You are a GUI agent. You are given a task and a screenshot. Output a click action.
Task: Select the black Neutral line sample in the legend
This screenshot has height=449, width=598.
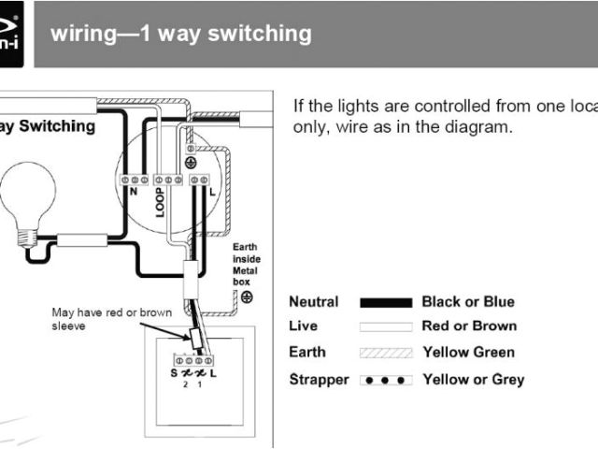tap(385, 302)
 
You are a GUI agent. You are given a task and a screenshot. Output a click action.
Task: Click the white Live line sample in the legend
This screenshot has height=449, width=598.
tap(385, 326)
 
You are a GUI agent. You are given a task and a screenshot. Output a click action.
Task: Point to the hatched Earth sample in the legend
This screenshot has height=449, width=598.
tap(385, 353)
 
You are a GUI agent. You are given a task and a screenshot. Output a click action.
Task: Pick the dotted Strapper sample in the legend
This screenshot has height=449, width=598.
tap(385, 380)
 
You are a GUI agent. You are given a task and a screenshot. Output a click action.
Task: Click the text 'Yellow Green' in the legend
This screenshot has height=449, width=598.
tap(468, 353)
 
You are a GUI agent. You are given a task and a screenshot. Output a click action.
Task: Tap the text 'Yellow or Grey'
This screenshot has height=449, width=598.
tap(473, 380)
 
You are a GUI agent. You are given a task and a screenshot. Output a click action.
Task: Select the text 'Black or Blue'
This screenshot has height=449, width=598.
tap(468, 302)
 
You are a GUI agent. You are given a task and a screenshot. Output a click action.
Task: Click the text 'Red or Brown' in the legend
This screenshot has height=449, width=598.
tap(468, 326)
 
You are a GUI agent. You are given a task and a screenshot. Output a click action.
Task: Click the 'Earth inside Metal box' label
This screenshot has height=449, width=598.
tap(245, 266)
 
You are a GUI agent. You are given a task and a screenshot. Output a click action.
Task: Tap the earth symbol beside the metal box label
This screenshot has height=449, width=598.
tap(247, 297)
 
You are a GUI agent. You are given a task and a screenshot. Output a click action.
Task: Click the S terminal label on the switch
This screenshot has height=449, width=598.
tap(175, 374)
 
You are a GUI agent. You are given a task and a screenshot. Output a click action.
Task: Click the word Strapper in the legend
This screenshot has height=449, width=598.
tap(319, 380)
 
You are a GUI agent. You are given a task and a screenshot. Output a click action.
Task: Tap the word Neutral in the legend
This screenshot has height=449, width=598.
tap(314, 302)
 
